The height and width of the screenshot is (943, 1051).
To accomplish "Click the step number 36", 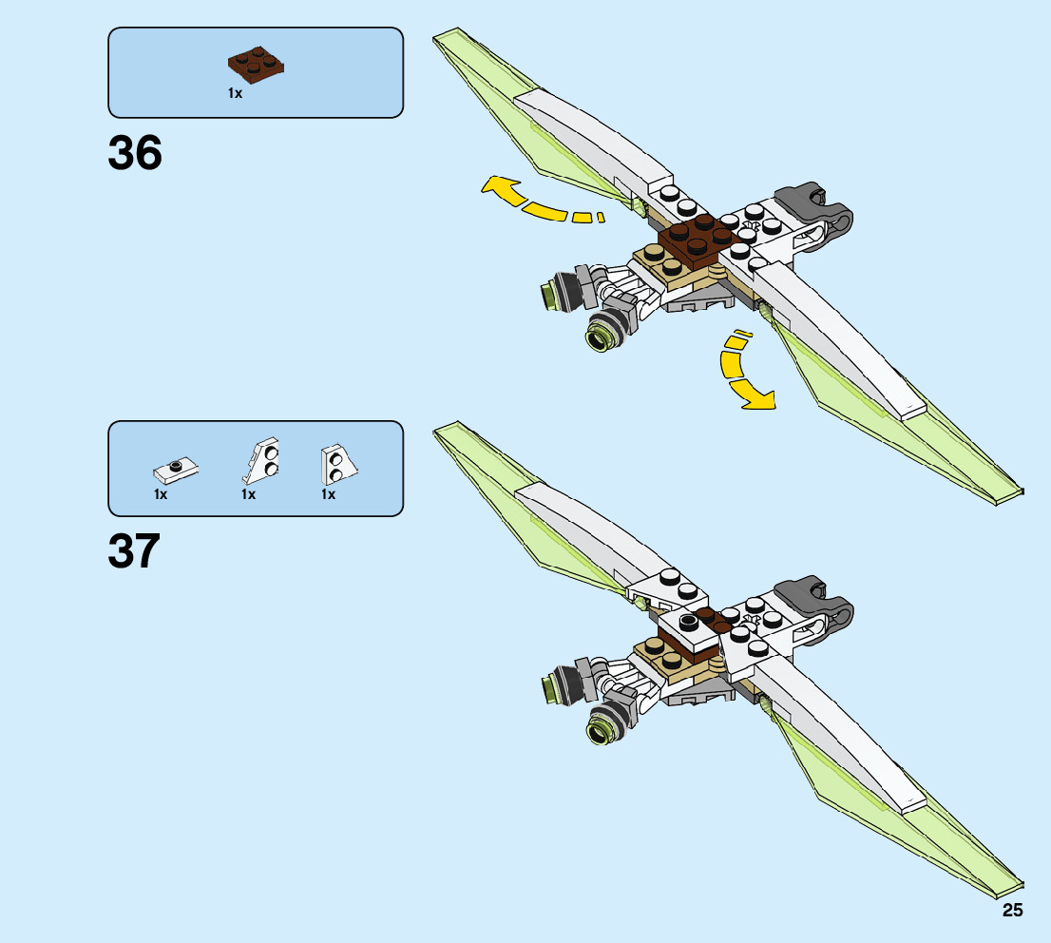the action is [135, 152].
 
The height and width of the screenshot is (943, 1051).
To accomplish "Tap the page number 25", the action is [1011, 911].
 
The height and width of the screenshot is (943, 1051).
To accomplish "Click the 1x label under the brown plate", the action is [235, 93].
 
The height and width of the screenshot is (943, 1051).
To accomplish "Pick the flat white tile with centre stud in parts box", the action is [175, 469].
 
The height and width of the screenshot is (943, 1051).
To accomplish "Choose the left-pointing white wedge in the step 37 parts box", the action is [263, 463].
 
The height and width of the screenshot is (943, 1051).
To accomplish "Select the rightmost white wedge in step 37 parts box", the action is [337, 464].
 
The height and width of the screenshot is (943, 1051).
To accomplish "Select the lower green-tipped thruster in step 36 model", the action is [605, 332].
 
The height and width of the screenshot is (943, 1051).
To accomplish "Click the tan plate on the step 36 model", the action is [665, 266].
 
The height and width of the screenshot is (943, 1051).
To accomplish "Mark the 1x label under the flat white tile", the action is [161, 494].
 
